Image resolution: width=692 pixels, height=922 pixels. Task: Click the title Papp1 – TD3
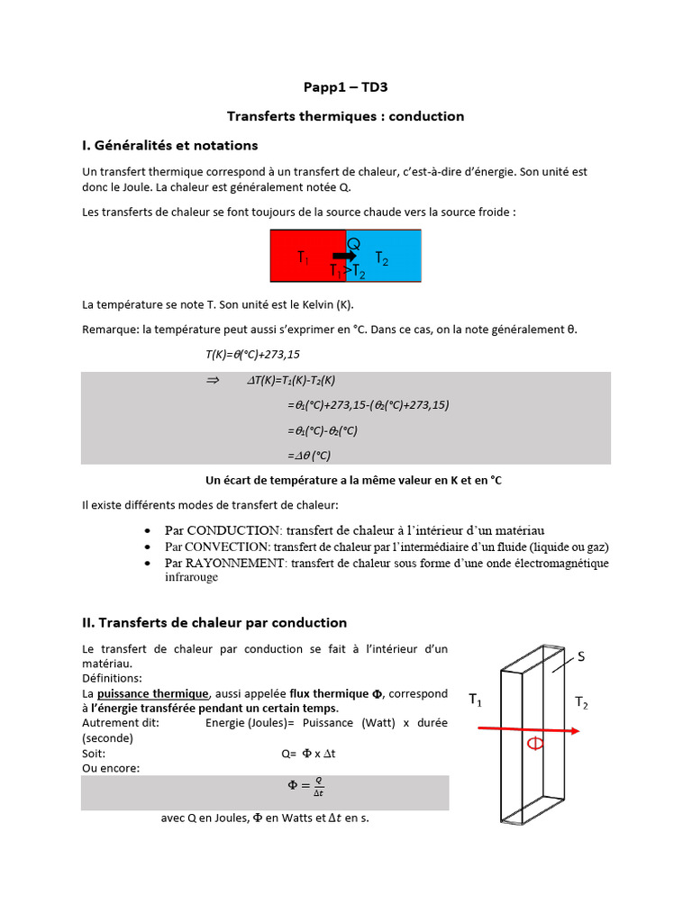click(345, 87)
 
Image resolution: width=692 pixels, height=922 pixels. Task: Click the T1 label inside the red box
click(304, 258)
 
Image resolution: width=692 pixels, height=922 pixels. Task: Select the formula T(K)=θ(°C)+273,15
click(253, 356)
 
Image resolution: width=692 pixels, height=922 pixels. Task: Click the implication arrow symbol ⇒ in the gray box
click(213, 381)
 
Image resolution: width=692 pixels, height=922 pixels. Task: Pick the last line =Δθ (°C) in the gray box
click(309, 456)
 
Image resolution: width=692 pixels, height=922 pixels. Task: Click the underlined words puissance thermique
click(153, 693)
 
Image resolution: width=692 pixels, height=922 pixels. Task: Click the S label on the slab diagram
click(580, 657)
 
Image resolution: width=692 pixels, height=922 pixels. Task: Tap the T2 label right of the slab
click(580, 704)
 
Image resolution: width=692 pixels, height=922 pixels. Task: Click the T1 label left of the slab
click(475, 699)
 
